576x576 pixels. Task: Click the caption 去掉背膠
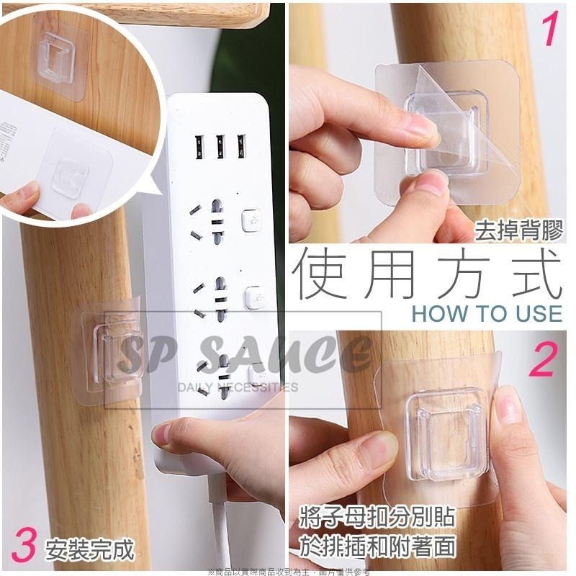click(518, 231)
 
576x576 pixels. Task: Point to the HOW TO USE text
click(487, 313)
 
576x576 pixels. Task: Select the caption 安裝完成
click(89, 551)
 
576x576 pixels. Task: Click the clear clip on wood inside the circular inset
click(65, 53)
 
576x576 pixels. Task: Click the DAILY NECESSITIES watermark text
click(238, 387)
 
